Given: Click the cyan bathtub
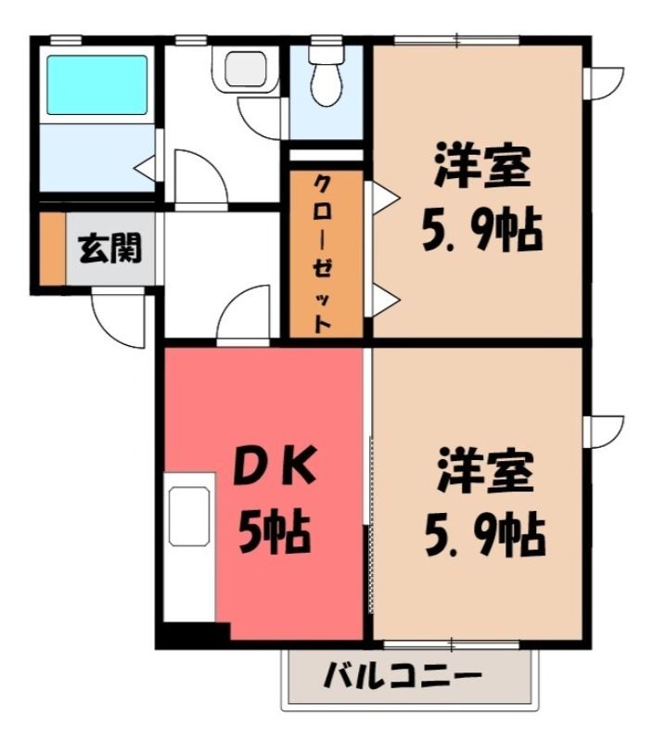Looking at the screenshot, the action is pos(97,84).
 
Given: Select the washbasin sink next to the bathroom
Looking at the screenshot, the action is pos(246,69).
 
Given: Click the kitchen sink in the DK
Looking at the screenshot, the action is pos(189,517).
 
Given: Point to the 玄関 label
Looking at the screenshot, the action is pos(109,248).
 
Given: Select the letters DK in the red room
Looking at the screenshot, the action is pos(275,467).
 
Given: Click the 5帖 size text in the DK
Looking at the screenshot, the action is pos(275,531).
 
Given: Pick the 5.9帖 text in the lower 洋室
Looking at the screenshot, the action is pos(485,535).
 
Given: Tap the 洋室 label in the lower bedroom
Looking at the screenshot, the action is pos(485,470).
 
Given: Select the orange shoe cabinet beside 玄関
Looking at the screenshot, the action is pos(52,249).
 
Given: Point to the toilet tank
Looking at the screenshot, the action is pos(326,54).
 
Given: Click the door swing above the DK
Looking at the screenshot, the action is pos(244,313).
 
